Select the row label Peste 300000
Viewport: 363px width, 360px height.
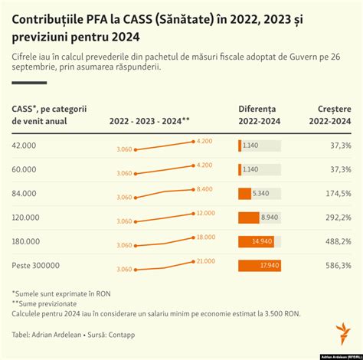(x=35, y=266)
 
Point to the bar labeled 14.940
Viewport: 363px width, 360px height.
(x=256, y=242)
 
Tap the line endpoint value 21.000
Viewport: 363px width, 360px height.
(x=204, y=261)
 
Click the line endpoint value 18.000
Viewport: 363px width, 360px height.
(x=204, y=237)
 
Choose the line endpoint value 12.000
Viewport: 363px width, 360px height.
(x=204, y=213)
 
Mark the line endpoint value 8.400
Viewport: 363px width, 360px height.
(x=204, y=189)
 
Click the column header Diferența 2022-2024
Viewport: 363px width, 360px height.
(x=261, y=115)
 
